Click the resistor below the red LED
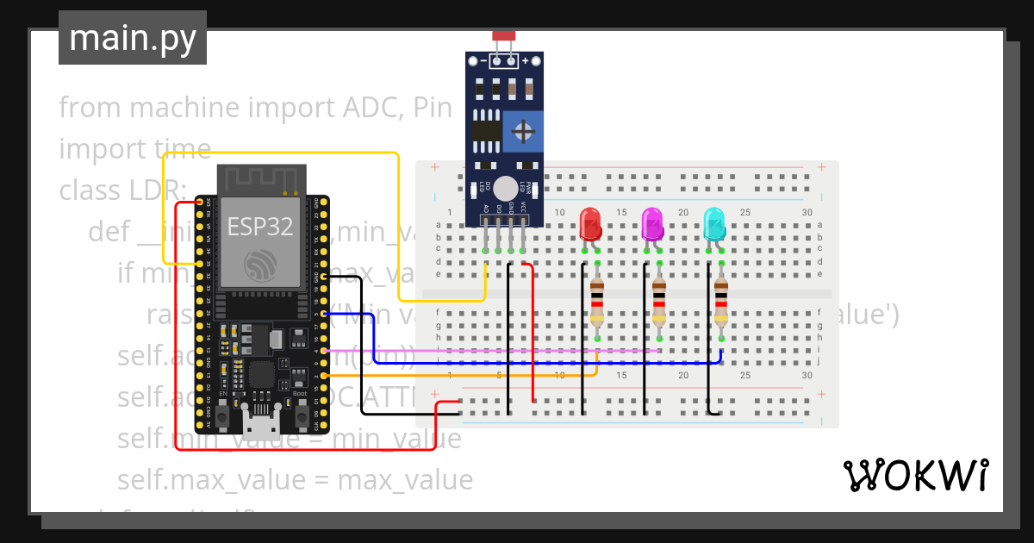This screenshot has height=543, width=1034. tap(596, 301)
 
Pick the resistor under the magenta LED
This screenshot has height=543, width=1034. tap(658, 301)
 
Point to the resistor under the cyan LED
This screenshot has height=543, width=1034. tap(720, 301)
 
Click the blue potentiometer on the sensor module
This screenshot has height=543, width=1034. tap(522, 131)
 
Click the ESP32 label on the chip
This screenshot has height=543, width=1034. tap(259, 227)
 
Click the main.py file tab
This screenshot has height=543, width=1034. tap(133, 38)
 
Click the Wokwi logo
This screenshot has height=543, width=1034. tap(914, 475)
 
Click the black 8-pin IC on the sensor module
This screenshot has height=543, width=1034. tap(485, 131)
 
